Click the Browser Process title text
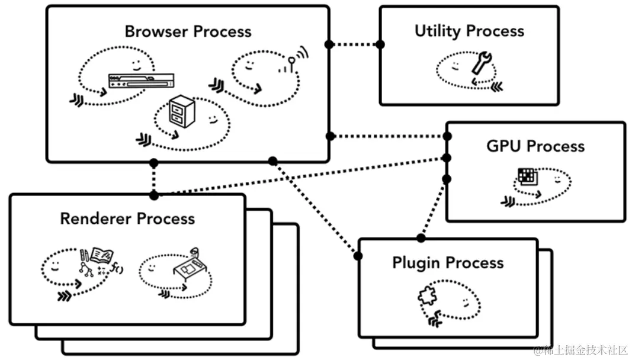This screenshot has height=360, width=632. (x=188, y=31)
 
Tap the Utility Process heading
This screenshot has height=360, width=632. (x=469, y=31)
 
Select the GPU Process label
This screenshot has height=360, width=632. (x=535, y=146)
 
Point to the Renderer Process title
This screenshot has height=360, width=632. (x=127, y=218)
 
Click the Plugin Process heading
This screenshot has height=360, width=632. (x=448, y=262)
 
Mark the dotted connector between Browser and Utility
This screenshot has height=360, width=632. (x=354, y=44)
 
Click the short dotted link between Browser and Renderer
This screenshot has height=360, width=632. (x=154, y=178)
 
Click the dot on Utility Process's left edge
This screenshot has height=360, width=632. (x=380, y=44)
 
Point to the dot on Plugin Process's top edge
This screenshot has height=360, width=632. (x=421, y=238)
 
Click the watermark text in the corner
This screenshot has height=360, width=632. (x=580, y=350)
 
